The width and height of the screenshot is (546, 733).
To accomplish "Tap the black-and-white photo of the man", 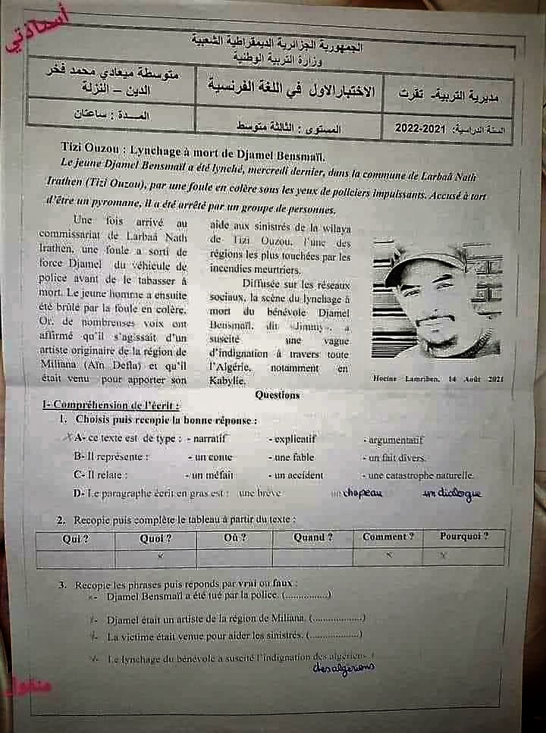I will click(x=438, y=300).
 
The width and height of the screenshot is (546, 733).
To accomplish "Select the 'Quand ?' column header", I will click(x=313, y=537).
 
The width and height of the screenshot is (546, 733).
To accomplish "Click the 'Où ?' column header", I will click(x=234, y=537).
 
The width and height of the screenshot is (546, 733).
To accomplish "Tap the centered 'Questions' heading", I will click(x=278, y=395).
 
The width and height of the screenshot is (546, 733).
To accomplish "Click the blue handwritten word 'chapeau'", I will click(x=362, y=493).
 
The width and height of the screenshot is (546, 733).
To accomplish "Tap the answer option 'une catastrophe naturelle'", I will click(x=421, y=476).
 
